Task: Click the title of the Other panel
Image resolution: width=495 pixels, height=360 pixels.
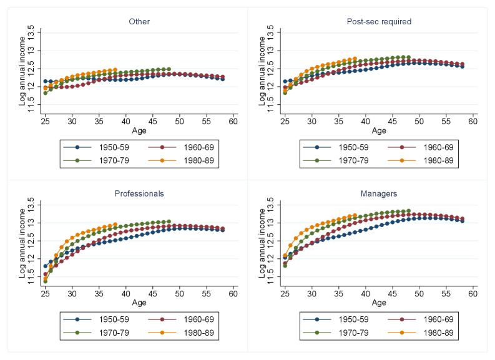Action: pos(139,22)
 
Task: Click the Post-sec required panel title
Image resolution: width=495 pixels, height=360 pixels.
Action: pos(379,22)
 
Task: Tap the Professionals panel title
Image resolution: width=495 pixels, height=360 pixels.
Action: pos(139,194)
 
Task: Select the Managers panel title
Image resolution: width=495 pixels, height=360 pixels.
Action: pos(379,194)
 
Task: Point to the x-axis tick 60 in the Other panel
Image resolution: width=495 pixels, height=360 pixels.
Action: pos(233,121)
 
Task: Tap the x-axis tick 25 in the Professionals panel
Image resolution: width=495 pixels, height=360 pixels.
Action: pos(46,293)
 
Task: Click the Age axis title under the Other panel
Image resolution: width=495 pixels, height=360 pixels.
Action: pos(139,130)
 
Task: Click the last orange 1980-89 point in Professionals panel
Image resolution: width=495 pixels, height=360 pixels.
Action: pos(115,224)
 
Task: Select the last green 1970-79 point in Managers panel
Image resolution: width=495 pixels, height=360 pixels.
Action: pos(408,211)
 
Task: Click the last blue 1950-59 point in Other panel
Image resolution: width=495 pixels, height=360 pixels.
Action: pos(222,79)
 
